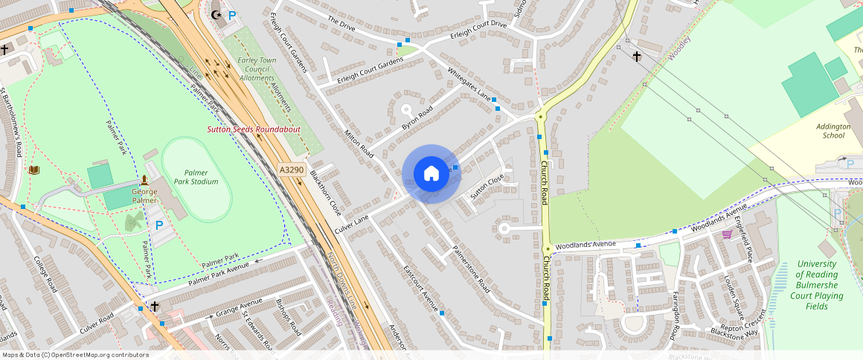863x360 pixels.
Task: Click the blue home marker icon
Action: (431, 174)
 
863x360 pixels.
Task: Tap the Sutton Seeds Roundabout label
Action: (253, 129)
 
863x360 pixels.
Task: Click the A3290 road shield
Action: (292, 170)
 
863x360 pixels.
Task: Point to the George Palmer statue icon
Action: (144, 180)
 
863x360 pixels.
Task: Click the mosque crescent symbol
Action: (216, 15)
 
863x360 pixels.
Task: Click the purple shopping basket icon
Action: (727, 234)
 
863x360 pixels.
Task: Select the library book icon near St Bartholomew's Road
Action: (33, 170)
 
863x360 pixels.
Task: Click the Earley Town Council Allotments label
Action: (256, 68)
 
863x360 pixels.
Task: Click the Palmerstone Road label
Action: (471, 273)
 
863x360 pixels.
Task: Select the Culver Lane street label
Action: (352, 222)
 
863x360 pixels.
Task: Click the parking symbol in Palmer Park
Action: (158, 225)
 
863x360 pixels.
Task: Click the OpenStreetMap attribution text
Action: (75, 355)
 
